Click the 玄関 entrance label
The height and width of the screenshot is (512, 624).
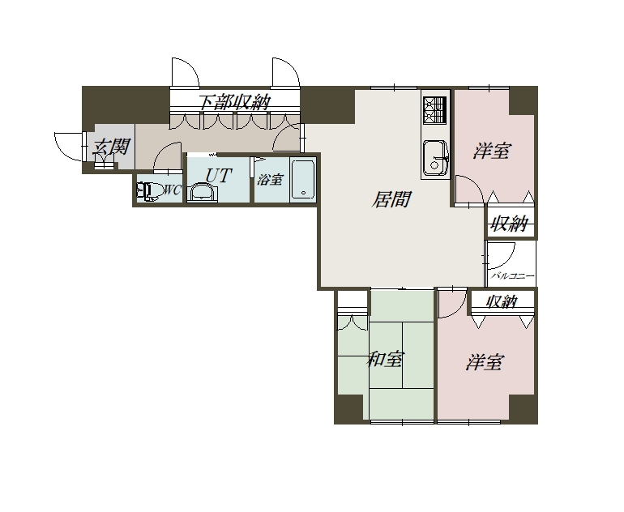coord(110,147)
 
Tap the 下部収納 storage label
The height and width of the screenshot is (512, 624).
coord(235,103)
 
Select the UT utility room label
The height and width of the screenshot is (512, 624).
coord(219,175)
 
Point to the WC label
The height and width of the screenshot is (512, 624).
coord(173,190)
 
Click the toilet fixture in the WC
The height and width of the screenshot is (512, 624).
coord(149,191)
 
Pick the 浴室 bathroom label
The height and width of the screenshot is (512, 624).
coord(270,180)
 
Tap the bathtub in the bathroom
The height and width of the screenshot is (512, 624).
coord(303,179)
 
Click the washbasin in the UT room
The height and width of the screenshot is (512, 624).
coord(203,193)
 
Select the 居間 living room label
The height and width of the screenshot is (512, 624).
coord(391,199)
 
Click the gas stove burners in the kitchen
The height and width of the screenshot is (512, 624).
coord(435,109)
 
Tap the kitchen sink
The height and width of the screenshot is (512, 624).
coord(436,157)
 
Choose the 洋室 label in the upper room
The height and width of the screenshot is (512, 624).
coord(492,151)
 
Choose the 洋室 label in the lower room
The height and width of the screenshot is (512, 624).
coord(485,362)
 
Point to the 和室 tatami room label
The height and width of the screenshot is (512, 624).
coord(385,359)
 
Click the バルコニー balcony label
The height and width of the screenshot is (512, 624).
coord(512,275)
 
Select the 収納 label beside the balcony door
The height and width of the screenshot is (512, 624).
coord(510,224)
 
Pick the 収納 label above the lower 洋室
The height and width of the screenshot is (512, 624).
coord(502,301)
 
